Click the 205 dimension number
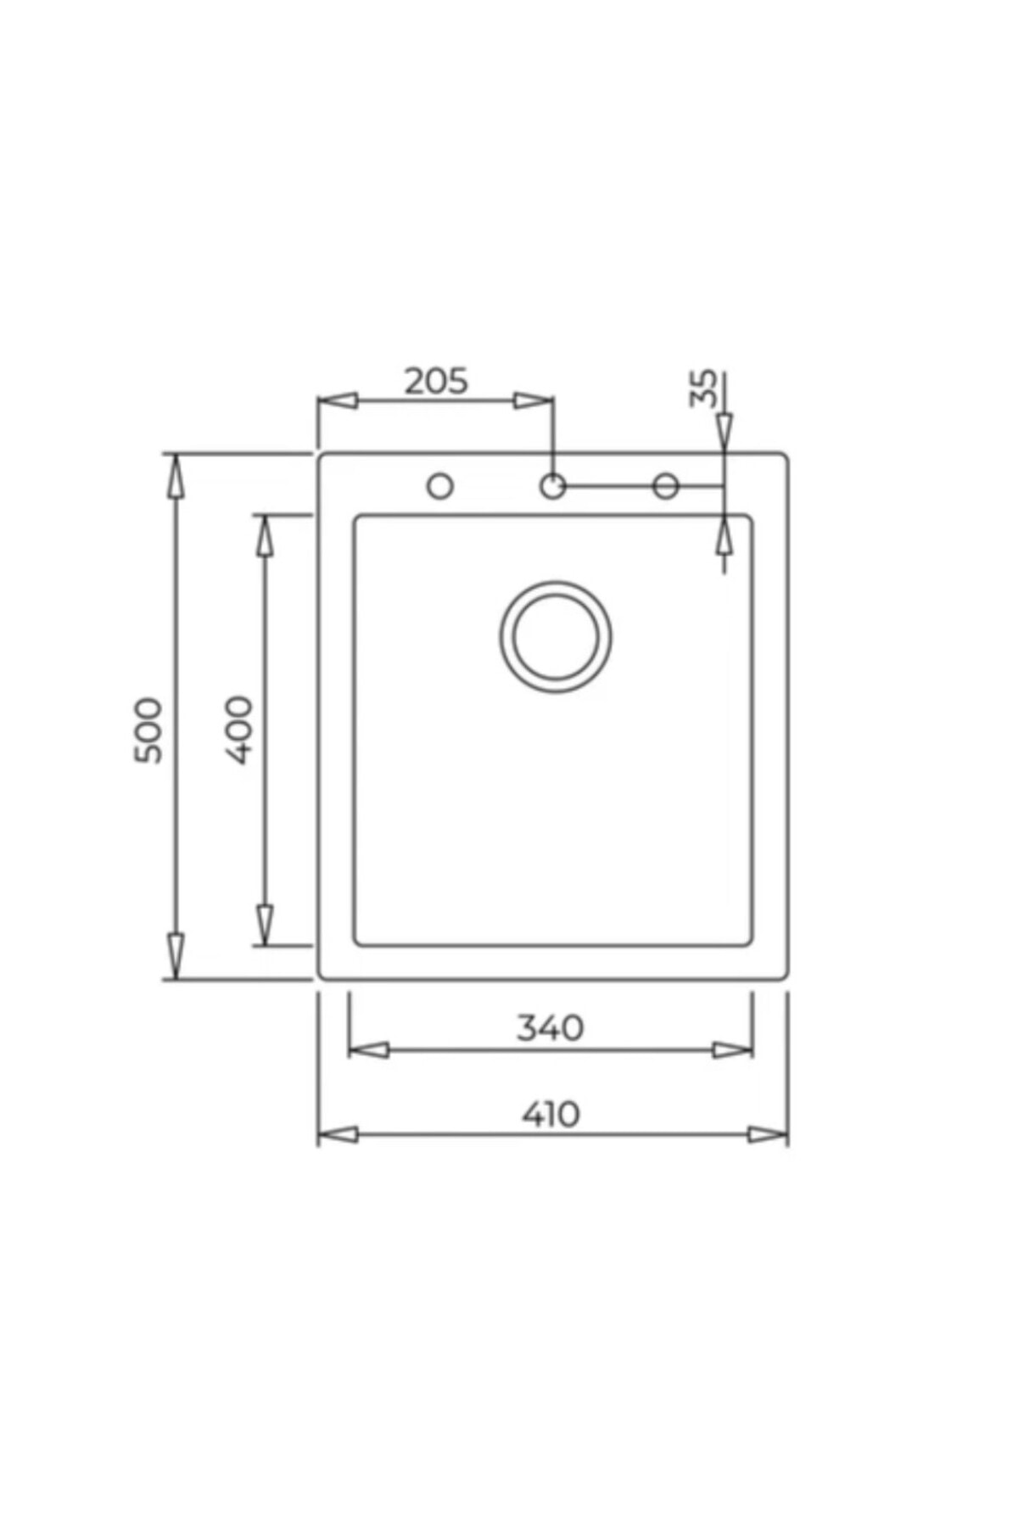coord(436,382)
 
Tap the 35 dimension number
coord(703,388)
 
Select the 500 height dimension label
coord(148,730)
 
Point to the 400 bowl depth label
coord(240,730)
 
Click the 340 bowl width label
coord(551,1028)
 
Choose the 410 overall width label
coord(551,1114)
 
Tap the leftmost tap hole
coord(439,486)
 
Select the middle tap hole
coord(552,486)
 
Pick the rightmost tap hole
coord(666,486)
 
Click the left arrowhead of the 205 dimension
coord(337,400)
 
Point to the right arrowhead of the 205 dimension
coord(534,400)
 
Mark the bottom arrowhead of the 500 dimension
coord(175,957)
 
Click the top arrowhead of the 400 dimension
coord(265,536)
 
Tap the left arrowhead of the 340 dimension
coord(369,1050)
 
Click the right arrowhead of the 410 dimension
coord(768,1135)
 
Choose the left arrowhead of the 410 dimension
coord(338,1135)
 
